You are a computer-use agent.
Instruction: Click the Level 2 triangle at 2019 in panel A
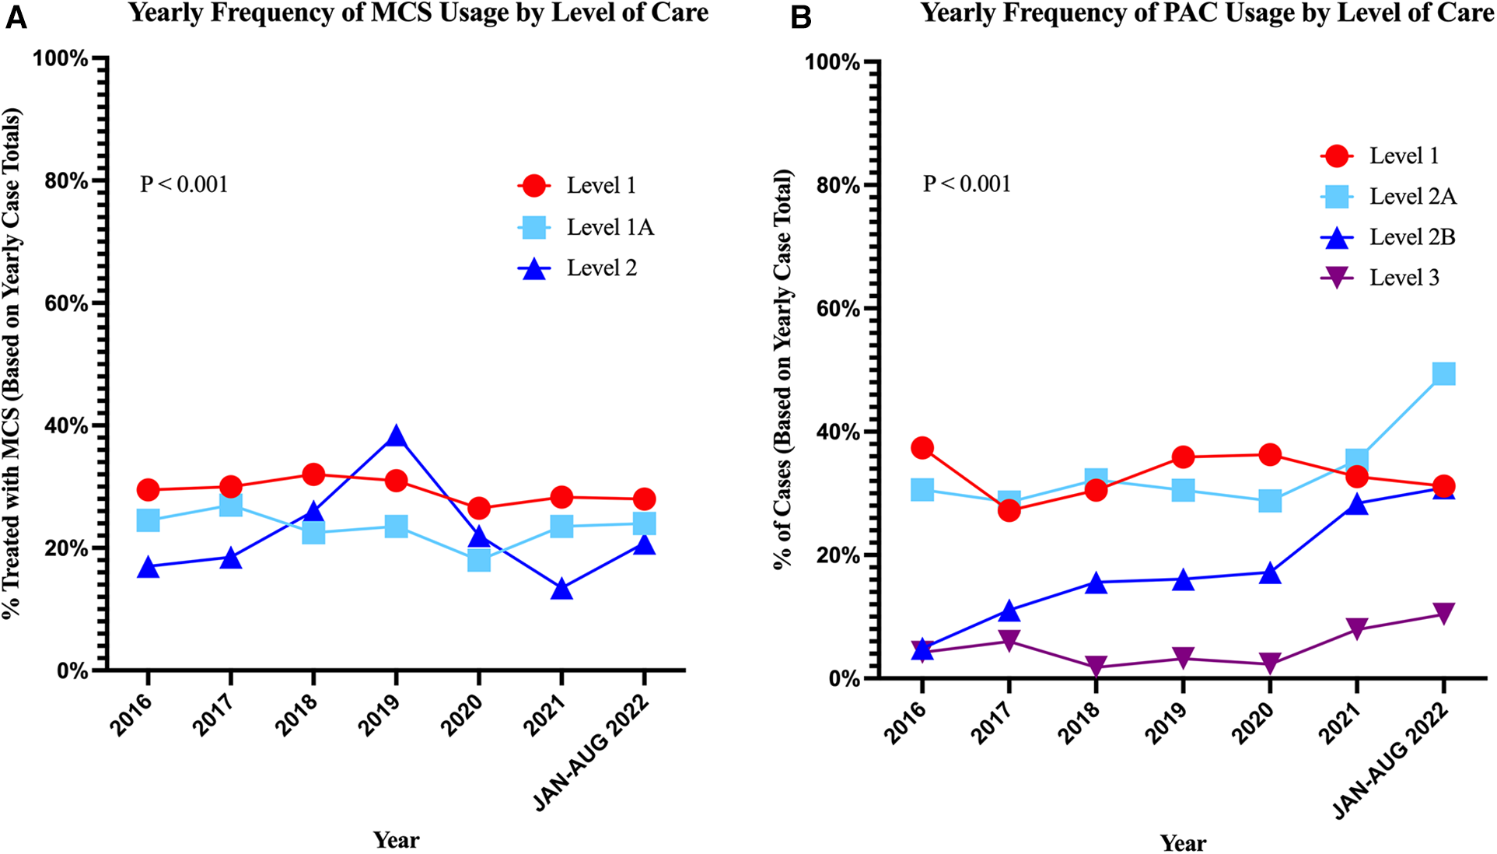point(396,437)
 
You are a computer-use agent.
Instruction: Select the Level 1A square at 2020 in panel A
point(479,560)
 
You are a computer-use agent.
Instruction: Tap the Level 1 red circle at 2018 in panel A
point(313,474)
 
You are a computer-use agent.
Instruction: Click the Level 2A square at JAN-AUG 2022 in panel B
point(1443,374)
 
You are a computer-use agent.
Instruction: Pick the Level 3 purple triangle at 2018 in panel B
point(1096,666)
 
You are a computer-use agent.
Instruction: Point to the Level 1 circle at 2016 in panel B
point(922,448)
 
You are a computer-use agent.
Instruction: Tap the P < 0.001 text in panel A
point(184,184)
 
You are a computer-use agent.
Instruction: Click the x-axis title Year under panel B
point(1183,842)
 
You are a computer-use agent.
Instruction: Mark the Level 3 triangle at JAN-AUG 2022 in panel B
point(1443,614)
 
